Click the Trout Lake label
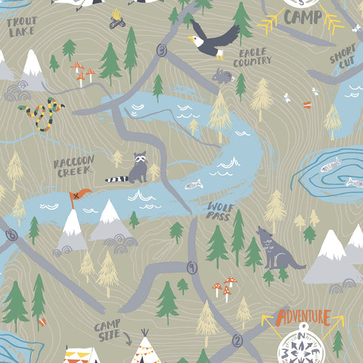22,27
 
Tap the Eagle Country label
252,57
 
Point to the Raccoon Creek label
74,166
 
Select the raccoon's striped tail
117,180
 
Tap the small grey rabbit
222,76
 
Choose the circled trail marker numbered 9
192,268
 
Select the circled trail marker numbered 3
161,50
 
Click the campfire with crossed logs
117,18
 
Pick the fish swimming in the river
193,184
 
